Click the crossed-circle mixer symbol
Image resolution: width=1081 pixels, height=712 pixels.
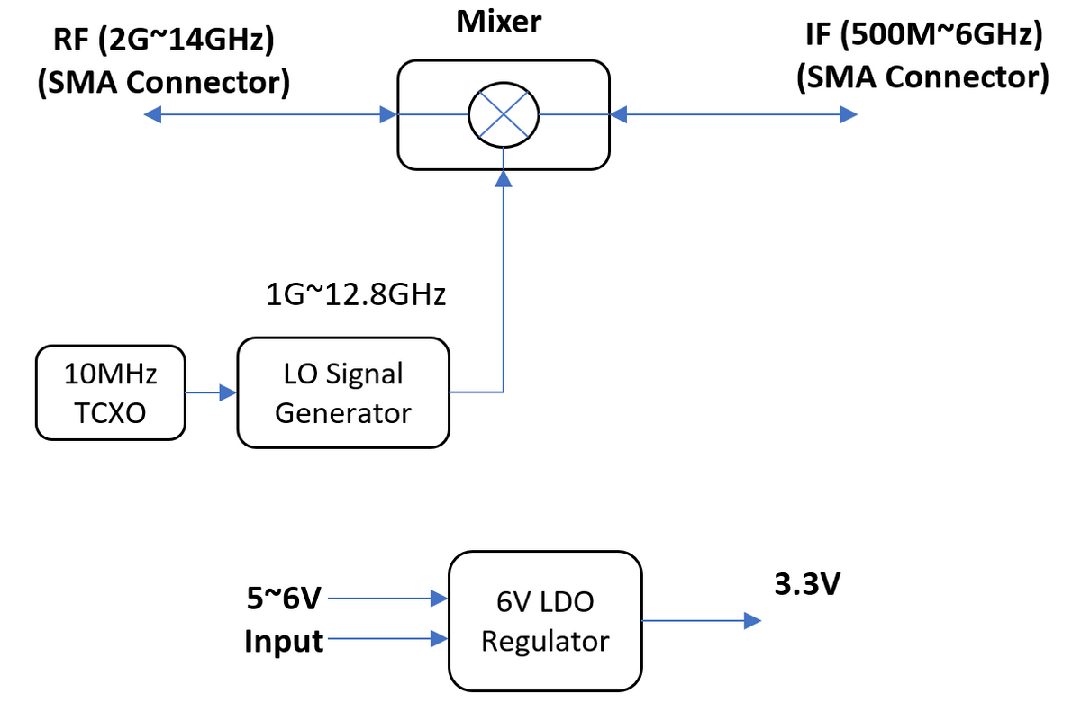(503, 114)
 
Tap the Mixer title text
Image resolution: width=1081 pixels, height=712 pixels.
(499, 22)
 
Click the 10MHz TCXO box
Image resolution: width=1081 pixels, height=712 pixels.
(110, 394)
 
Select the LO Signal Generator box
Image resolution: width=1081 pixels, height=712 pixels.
(342, 392)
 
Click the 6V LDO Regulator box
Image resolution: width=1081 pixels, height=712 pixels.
(545, 621)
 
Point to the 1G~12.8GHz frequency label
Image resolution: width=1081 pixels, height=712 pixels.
(357, 294)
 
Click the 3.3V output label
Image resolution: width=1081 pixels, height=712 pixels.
(807, 585)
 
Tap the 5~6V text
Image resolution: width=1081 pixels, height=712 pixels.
(283, 597)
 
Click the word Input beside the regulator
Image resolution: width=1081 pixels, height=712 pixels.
(284, 642)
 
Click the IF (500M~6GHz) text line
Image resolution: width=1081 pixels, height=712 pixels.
(923, 36)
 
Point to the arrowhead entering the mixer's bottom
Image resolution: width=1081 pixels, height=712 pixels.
(504, 178)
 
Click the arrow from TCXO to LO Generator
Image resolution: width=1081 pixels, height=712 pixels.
(211, 392)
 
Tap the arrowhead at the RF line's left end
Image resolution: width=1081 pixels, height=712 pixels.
(153, 114)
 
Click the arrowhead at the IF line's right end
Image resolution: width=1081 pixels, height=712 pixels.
(848, 114)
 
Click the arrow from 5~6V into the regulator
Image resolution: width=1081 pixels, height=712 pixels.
(387, 598)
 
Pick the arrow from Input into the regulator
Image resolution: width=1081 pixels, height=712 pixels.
(387, 641)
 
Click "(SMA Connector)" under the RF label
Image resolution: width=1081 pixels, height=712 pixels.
(163, 82)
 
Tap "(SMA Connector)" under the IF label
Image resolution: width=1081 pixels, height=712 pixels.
(922, 78)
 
